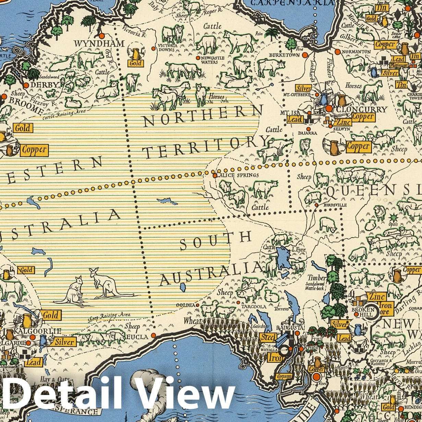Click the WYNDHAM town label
[x=99, y=44]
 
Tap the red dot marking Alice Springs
[x=215, y=176]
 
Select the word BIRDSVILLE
[x=335, y=205]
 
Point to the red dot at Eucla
[x=153, y=335]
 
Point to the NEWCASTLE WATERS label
[x=210, y=60]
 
